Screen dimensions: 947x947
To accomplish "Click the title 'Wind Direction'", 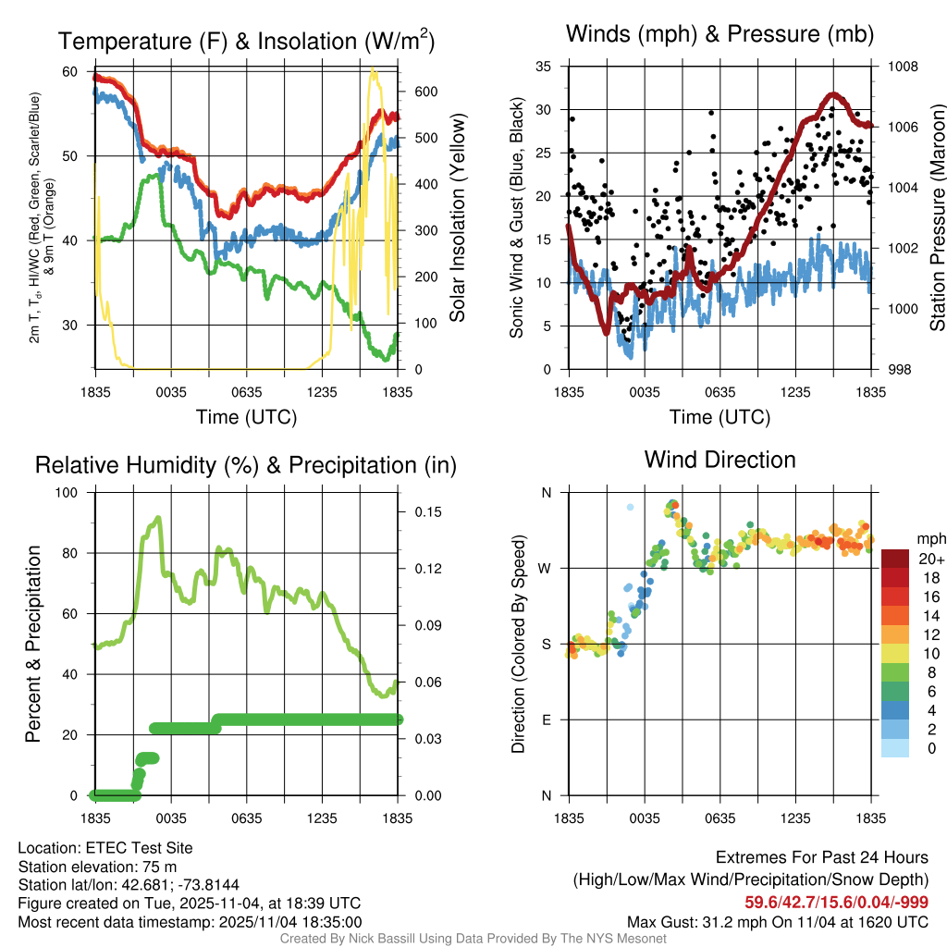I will pos(719,460).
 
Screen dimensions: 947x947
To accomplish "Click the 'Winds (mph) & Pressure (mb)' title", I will pos(719,34).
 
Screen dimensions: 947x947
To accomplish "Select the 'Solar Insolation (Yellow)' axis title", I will pos(457,218).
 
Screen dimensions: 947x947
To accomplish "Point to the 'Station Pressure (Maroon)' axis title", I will pos(937,218).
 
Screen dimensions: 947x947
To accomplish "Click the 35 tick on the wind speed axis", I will pos(544,67).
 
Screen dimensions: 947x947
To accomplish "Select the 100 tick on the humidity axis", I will pos(69,493).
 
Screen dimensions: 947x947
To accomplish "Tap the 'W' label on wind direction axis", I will pos(546,569).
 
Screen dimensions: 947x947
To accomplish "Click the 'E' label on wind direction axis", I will pos(547,720).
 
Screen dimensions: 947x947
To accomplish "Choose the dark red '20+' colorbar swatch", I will pos(895,559).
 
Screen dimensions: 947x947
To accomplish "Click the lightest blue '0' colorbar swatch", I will pos(895,748).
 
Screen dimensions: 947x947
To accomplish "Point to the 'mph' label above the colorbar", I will pos(929,538).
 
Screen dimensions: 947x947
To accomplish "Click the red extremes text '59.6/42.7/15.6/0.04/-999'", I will pos(836,903).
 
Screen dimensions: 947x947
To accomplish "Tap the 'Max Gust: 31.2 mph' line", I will pos(778,921).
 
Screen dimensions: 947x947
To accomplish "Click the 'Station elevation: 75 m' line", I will pos(97,867).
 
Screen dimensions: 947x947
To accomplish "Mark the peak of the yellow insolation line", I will pos(374,70).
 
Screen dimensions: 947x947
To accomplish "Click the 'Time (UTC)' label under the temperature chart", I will pos(246,417).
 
